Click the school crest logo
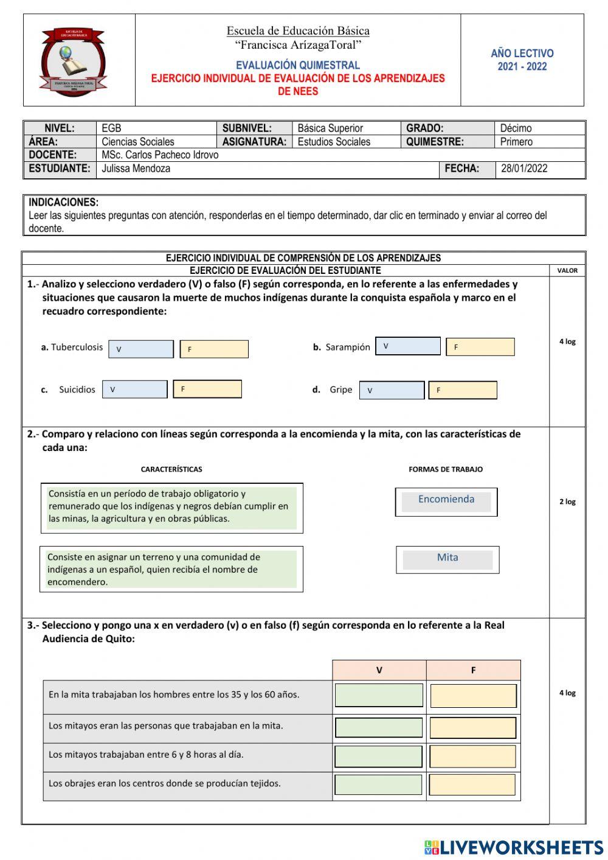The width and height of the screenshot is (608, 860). click(73, 61)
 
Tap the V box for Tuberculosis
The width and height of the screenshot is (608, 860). click(140, 349)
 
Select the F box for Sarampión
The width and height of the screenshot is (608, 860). click(480, 347)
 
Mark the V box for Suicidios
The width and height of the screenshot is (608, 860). click(134, 390)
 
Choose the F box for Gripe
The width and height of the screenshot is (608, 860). click(462, 390)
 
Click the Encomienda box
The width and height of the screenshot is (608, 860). click(446, 502)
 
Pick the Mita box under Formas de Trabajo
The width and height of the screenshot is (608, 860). click(447, 559)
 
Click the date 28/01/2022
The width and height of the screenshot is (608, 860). click(524, 169)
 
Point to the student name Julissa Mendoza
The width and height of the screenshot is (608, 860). click(136, 169)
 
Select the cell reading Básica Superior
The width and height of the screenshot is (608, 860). click(330, 128)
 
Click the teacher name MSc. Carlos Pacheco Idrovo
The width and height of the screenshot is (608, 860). click(160, 155)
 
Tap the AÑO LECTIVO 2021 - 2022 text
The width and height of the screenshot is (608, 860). click(522, 60)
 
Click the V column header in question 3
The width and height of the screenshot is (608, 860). click(379, 670)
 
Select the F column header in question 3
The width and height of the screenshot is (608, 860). click(473, 670)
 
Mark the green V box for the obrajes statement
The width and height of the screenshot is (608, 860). click(378, 785)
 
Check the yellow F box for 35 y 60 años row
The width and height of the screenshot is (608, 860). click(473, 696)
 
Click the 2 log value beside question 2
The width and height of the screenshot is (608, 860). click(567, 502)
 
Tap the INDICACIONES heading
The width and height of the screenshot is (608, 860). click(63, 202)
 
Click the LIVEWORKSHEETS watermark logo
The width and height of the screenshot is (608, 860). click(513, 847)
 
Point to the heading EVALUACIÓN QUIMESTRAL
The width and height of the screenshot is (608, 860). click(297, 65)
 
